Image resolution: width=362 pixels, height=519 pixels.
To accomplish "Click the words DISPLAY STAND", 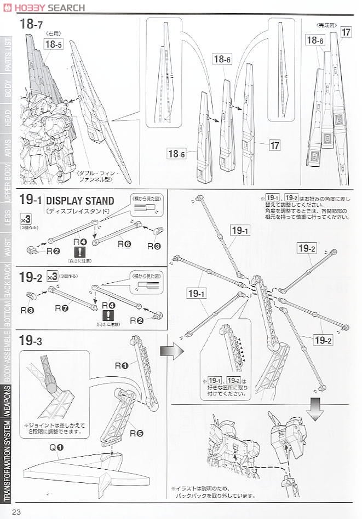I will pos(81,201).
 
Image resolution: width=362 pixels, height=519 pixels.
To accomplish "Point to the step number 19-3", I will pos(31,341).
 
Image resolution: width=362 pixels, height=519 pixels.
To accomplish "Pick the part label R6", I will pos(124,243).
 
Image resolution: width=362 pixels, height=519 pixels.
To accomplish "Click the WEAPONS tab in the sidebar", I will pos(7,401).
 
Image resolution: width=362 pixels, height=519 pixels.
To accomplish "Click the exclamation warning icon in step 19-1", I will pos(80,252).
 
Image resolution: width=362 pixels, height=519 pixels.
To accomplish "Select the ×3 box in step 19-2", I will pos(53,277).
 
